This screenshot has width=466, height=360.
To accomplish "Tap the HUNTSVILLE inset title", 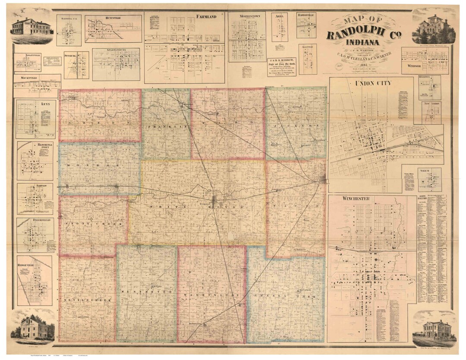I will pyautogui.click(x=113, y=19).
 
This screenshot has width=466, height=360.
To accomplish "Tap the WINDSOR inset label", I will pyautogui.click(x=414, y=66).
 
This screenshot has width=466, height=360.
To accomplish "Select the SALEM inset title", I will pyautogui.click(x=430, y=171).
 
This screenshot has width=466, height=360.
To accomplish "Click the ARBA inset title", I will pyautogui.click(x=279, y=16).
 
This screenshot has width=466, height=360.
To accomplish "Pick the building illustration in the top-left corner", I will pyautogui.click(x=31, y=28).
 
